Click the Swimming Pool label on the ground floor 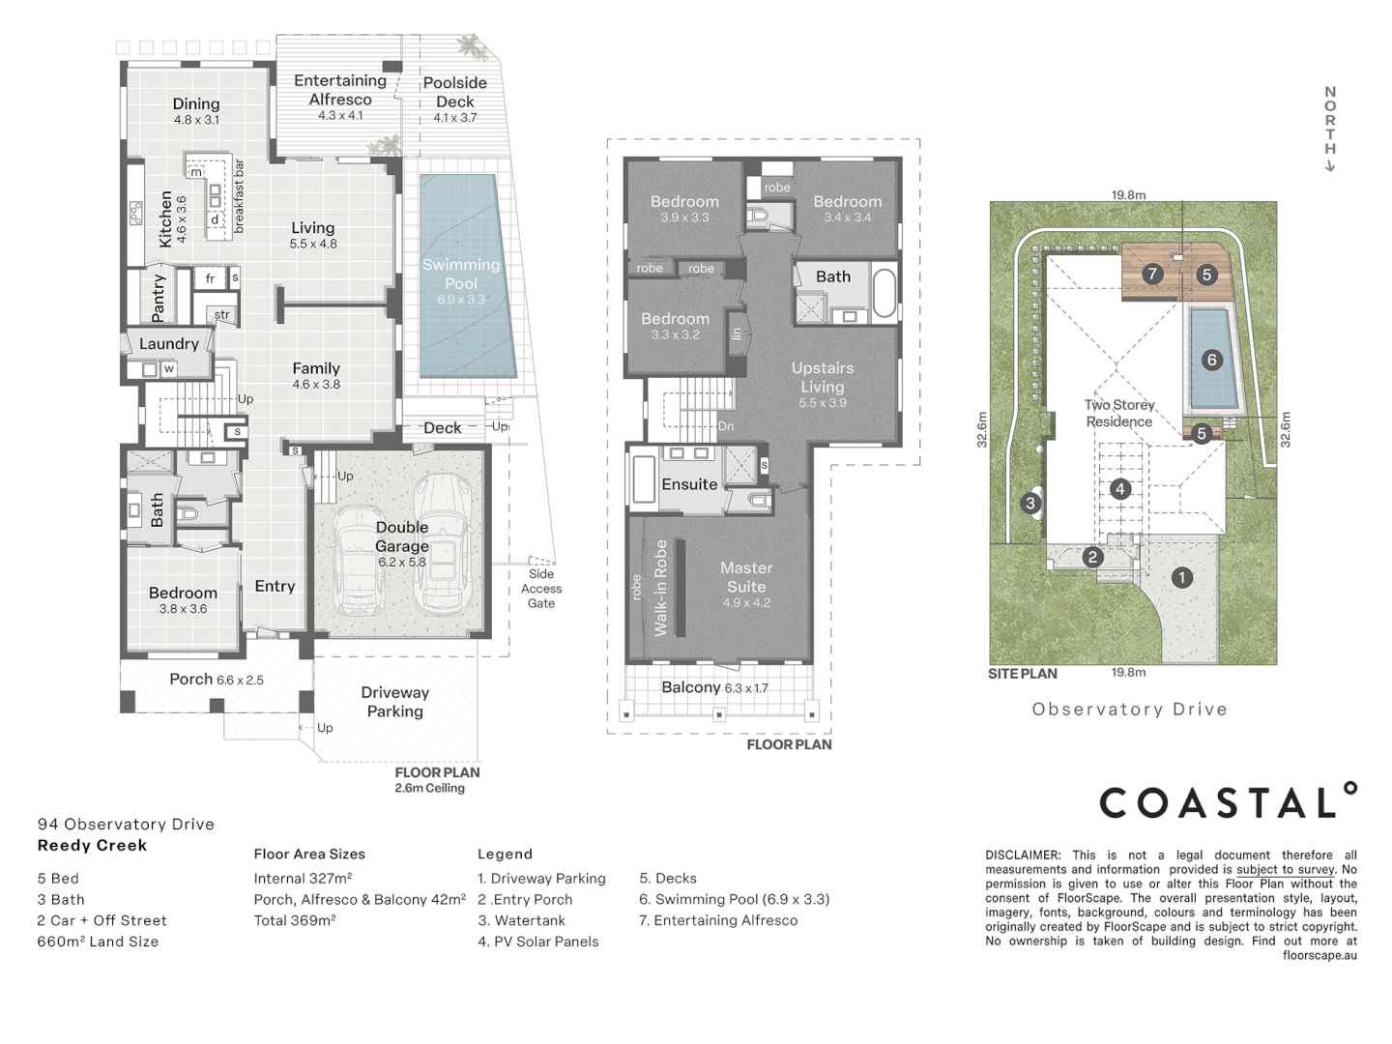(461, 274)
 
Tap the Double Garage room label (402, 536)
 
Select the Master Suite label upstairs (746, 577)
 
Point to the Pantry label (159, 297)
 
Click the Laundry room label (169, 343)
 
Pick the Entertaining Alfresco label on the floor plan (340, 90)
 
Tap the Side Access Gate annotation (541, 588)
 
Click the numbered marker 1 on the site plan (1181, 578)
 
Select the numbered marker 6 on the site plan (1212, 360)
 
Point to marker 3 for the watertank (1030, 503)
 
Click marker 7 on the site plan (1151, 274)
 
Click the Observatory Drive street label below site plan (1129, 710)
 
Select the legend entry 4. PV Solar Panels (538, 942)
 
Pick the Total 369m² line (295, 920)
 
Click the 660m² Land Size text (98, 942)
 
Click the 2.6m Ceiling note (430, 788)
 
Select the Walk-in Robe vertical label (661, 588)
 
